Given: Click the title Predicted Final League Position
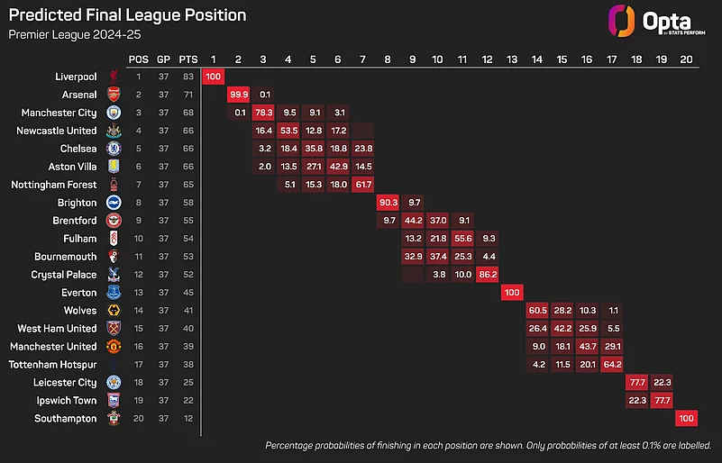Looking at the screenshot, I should pos(127,15).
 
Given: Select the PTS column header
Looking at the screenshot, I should pos(187,59).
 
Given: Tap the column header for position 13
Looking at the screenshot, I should pos(512,59).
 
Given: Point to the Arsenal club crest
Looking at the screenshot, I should pos(114,95).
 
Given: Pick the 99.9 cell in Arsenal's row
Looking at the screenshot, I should pos(239,95).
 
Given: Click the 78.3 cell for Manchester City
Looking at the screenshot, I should pos(264,113).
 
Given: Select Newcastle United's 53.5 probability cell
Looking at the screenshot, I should pos(289,131).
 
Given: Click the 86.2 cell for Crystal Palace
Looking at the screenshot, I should pos(487,275).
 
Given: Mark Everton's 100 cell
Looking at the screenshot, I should pos(512,293).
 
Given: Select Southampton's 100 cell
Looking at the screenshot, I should pos(687,419).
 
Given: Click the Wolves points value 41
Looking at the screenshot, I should pos(187,311).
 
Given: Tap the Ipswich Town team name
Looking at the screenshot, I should pos(67,401).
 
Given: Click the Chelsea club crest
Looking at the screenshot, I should pos(114,149).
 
